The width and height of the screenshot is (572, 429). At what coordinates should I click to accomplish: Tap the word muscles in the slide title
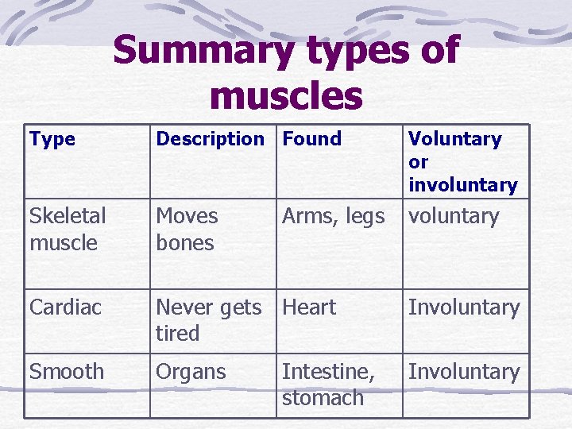click(286, 95)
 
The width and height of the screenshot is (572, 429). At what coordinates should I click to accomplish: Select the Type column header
click(52, 139)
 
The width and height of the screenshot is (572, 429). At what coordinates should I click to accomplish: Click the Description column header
click(210, 139)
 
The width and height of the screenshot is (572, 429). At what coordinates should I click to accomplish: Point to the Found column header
click(311, 139)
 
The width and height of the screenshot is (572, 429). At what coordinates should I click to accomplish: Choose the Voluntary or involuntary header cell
click(462, 162)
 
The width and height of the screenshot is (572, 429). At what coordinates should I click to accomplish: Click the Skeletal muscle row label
click(68, 230)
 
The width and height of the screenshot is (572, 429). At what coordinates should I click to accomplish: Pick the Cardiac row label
click(66, 307)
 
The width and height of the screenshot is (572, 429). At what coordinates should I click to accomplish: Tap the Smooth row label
click(67, 372)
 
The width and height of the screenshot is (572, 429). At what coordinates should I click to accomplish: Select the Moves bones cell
click(187, 230)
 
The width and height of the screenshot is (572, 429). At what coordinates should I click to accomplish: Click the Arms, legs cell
click(333, 217)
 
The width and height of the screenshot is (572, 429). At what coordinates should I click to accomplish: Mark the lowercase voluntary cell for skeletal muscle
click(453, 217)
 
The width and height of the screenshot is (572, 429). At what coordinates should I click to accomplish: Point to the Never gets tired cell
click(208, 320)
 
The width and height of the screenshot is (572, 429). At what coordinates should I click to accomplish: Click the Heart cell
click(309, 307)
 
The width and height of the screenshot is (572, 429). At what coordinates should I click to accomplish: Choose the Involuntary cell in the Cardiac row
click(464, 307)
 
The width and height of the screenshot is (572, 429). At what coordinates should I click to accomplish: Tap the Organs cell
click(191, 372)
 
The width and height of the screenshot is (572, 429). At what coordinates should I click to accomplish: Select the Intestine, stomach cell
click(328, 385)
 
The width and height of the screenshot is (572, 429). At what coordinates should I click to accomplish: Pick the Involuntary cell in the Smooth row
click(464, 372)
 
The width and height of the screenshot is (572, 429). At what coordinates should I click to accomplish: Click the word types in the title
click(344, 52)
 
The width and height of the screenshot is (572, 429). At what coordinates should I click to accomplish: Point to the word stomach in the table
click(323, 398)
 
